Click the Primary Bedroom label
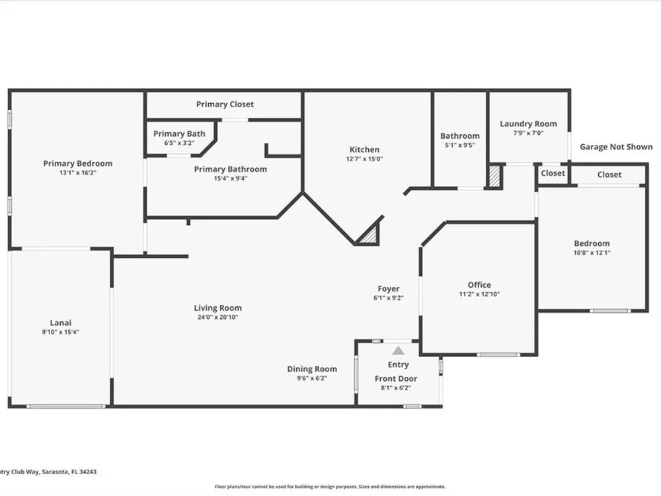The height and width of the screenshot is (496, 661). coord(77,163)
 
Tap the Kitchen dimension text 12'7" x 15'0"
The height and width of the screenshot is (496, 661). coord(365,159)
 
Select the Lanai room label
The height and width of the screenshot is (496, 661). coord(61,323)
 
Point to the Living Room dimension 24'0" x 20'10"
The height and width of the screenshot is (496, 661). coord(217,317)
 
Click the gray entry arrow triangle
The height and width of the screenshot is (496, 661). coord(398,351)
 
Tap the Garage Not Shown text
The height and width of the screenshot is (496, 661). coord(616,147)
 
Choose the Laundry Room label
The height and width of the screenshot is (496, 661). coord(528,124)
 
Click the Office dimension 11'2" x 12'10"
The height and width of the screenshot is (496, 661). coord(479,294)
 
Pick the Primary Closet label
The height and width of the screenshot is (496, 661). coord(225,104)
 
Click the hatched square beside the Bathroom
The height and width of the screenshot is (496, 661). coord(494,177)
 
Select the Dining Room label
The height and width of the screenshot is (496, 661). coord(312,369)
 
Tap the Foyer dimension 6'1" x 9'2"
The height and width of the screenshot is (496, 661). coord(388,298)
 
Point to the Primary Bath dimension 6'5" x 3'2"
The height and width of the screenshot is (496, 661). coord(179,143)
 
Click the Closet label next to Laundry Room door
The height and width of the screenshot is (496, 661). coord(553,173)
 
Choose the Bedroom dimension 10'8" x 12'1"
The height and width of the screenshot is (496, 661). coord(592,253)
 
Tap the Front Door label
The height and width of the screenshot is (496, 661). coord(396,378)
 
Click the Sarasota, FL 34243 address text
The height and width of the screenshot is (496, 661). coord(69,472)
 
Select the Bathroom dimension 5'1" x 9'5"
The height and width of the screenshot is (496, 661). coord(460,145)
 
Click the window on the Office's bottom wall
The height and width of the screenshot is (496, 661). coord(498,354)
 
